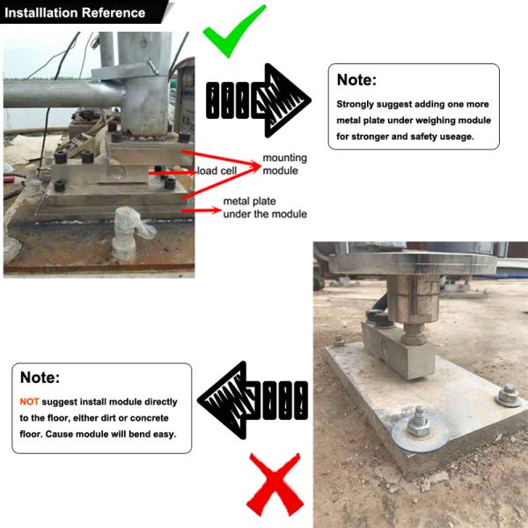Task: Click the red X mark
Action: click(275, 485)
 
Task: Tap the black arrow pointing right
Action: click(258, 100)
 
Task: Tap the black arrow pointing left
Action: click(253, 400)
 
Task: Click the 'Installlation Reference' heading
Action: click(75, 13)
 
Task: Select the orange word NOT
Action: click(29, 402)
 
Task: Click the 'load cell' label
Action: click(216, 171)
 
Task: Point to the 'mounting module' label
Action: click(284, 165)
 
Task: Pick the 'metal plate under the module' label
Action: click(265, 208)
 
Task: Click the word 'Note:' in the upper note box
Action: click(356, 80)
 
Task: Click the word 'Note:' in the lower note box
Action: click(40, 378)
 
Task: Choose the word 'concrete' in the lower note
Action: click(150, 418)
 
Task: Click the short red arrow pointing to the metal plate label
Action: click(202, 211)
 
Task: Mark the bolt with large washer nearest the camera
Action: click(420, 428)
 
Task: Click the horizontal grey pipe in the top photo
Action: click(64, 94)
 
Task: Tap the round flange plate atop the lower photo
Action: click(413, 263)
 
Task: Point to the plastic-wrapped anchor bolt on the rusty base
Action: click(129, 232)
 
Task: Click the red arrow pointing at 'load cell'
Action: click(172, 172)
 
